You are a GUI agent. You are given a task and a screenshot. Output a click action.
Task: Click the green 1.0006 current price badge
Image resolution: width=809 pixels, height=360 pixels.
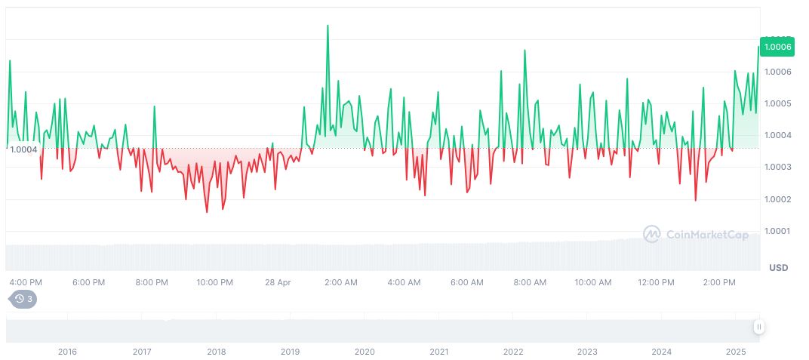point(777,47)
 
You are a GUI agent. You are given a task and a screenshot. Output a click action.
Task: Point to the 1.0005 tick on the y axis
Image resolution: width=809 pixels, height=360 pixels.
point(777,103)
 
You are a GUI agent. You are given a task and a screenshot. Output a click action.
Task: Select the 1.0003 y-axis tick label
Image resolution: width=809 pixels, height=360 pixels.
point(777,167)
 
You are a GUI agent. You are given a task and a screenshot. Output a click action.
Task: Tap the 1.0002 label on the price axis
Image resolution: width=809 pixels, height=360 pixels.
point(777,199)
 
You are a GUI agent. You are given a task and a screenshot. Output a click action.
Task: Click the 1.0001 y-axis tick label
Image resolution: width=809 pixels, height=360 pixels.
point(777,231)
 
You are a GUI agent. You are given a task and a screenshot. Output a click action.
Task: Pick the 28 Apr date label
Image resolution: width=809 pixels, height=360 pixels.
point(278,282)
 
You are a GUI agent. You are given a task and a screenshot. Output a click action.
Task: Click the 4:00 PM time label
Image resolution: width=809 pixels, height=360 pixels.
point(26,282)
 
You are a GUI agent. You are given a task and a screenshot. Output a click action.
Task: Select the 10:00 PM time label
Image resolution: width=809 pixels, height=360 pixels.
point(215,282)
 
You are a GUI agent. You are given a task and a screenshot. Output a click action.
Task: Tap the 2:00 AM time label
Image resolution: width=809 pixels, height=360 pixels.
point(341,282)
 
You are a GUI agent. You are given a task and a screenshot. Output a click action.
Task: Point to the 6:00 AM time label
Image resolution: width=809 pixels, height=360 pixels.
point(467,282)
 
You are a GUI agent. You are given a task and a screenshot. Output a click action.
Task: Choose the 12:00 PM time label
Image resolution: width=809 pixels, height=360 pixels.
point(656,282)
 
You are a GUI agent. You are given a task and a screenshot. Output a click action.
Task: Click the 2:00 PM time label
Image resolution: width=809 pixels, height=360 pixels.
point(718,282)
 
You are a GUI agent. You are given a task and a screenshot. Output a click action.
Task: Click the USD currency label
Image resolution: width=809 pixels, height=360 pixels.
point(778,268)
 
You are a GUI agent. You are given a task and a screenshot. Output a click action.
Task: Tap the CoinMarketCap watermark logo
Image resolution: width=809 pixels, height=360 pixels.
point(696,235)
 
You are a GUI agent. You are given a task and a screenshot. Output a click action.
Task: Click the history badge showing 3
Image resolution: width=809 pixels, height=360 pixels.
point(23,299)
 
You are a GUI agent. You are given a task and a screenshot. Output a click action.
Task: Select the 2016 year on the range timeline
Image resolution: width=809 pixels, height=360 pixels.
point(67,352)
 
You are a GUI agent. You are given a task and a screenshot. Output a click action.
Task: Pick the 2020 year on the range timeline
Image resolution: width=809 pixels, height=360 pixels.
point(365,352)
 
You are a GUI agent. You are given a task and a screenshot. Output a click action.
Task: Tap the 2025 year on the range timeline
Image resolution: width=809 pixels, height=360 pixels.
point(736,352)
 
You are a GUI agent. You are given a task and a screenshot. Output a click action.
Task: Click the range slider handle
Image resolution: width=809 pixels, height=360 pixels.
point(758,327)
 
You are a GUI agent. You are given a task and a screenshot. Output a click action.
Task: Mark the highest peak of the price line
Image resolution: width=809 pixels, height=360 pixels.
point(328,26)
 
